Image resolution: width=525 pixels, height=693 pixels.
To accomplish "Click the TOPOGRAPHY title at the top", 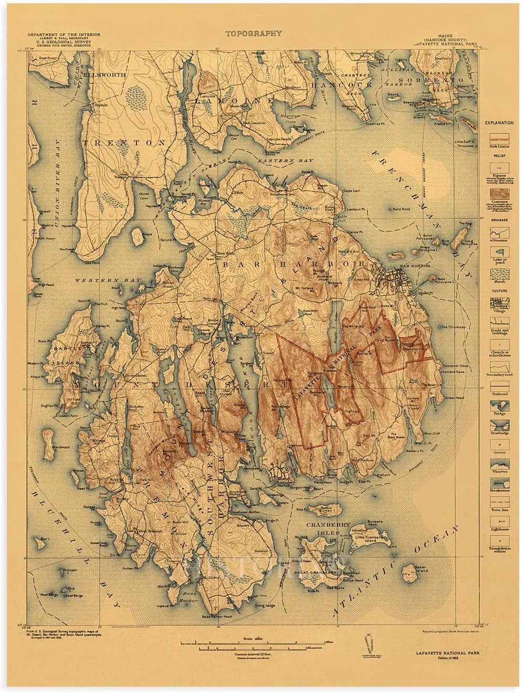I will (254, 34).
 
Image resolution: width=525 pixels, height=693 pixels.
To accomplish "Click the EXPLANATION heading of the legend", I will (499, 123).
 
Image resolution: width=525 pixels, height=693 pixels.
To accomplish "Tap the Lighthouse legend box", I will (499, 521).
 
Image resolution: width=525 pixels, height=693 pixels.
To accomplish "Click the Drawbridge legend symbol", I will (499, 425).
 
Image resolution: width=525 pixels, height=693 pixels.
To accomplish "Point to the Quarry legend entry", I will (499, 445).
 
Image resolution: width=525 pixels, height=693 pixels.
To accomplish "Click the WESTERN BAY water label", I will (108, 280).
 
